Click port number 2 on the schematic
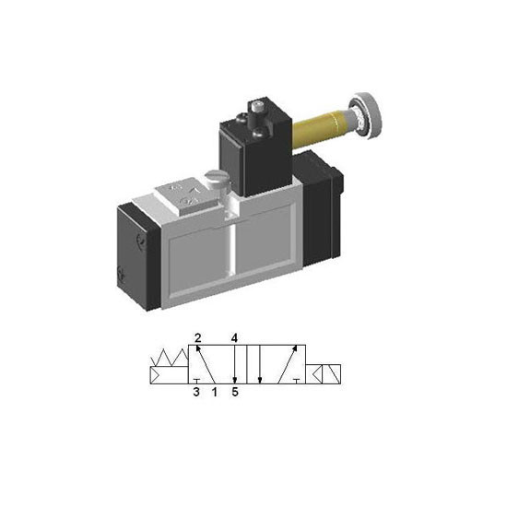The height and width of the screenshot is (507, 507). pos(198,338)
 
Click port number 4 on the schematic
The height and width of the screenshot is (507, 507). pos(234,338)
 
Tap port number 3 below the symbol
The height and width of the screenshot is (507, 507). pos(196,392)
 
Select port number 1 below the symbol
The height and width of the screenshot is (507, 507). pos(215,392)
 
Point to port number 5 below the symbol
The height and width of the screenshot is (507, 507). pos(235,392)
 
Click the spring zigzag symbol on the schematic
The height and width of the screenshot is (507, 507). pos(170,358)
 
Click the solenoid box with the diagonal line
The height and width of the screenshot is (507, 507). pos(332,374)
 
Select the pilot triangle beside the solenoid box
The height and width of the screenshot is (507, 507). pos(317,374)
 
